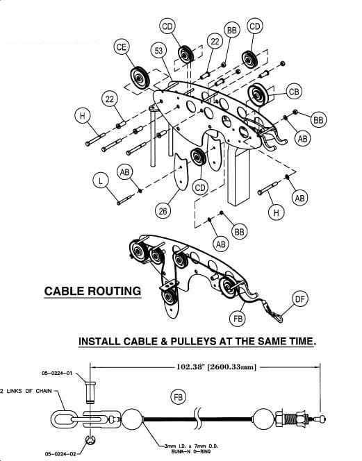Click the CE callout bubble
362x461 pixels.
click(x=121, y=47)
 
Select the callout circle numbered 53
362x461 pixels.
click(x=158, y=51)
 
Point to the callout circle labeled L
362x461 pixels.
click(x=101, y=180)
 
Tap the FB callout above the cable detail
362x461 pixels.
click(x=180, y=396)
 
